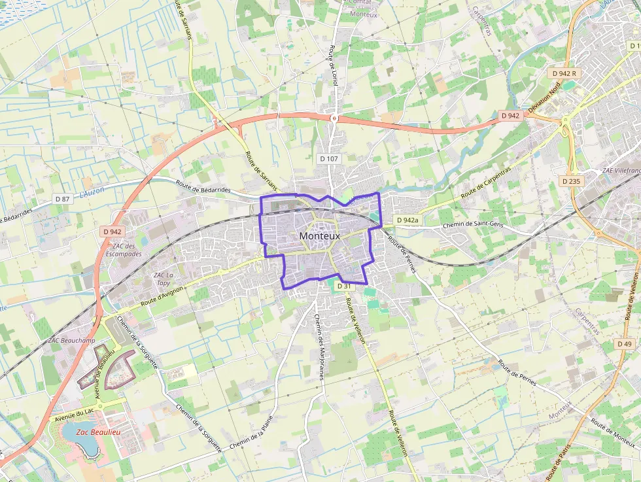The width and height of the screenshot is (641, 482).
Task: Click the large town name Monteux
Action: coord(319,236)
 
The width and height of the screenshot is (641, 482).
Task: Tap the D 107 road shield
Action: coord(329,159)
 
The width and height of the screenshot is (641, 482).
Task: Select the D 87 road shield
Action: coord(62,199)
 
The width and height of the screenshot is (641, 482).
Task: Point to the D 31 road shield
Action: coord(344,286)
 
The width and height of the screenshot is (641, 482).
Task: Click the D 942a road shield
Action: coord(407,220)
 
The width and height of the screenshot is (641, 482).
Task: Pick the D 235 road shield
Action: coord(571,181)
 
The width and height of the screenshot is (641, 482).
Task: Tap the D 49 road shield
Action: coord(624,344)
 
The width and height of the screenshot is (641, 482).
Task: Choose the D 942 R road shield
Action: coord(563,74)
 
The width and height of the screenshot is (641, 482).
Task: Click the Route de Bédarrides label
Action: coord(204,189)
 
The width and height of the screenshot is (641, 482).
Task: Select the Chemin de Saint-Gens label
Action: coord(473,225)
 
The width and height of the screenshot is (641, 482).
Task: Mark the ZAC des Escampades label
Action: coord(124,250)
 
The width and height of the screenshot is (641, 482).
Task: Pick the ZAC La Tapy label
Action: coord(164,279)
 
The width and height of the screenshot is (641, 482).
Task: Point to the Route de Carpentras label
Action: coord(485,182)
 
